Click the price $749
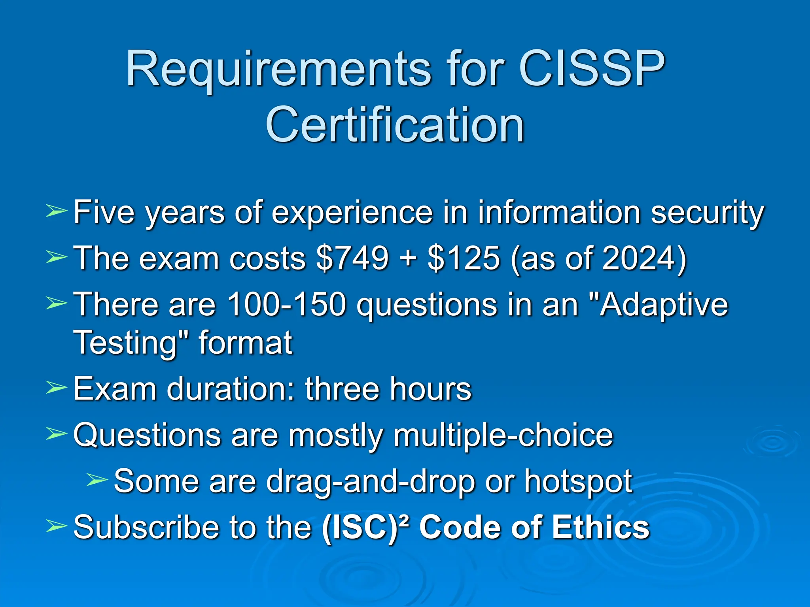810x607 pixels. pyautogui.click(x=352, y=258)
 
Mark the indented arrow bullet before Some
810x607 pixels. pyautogui.click(x=97, y=480)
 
